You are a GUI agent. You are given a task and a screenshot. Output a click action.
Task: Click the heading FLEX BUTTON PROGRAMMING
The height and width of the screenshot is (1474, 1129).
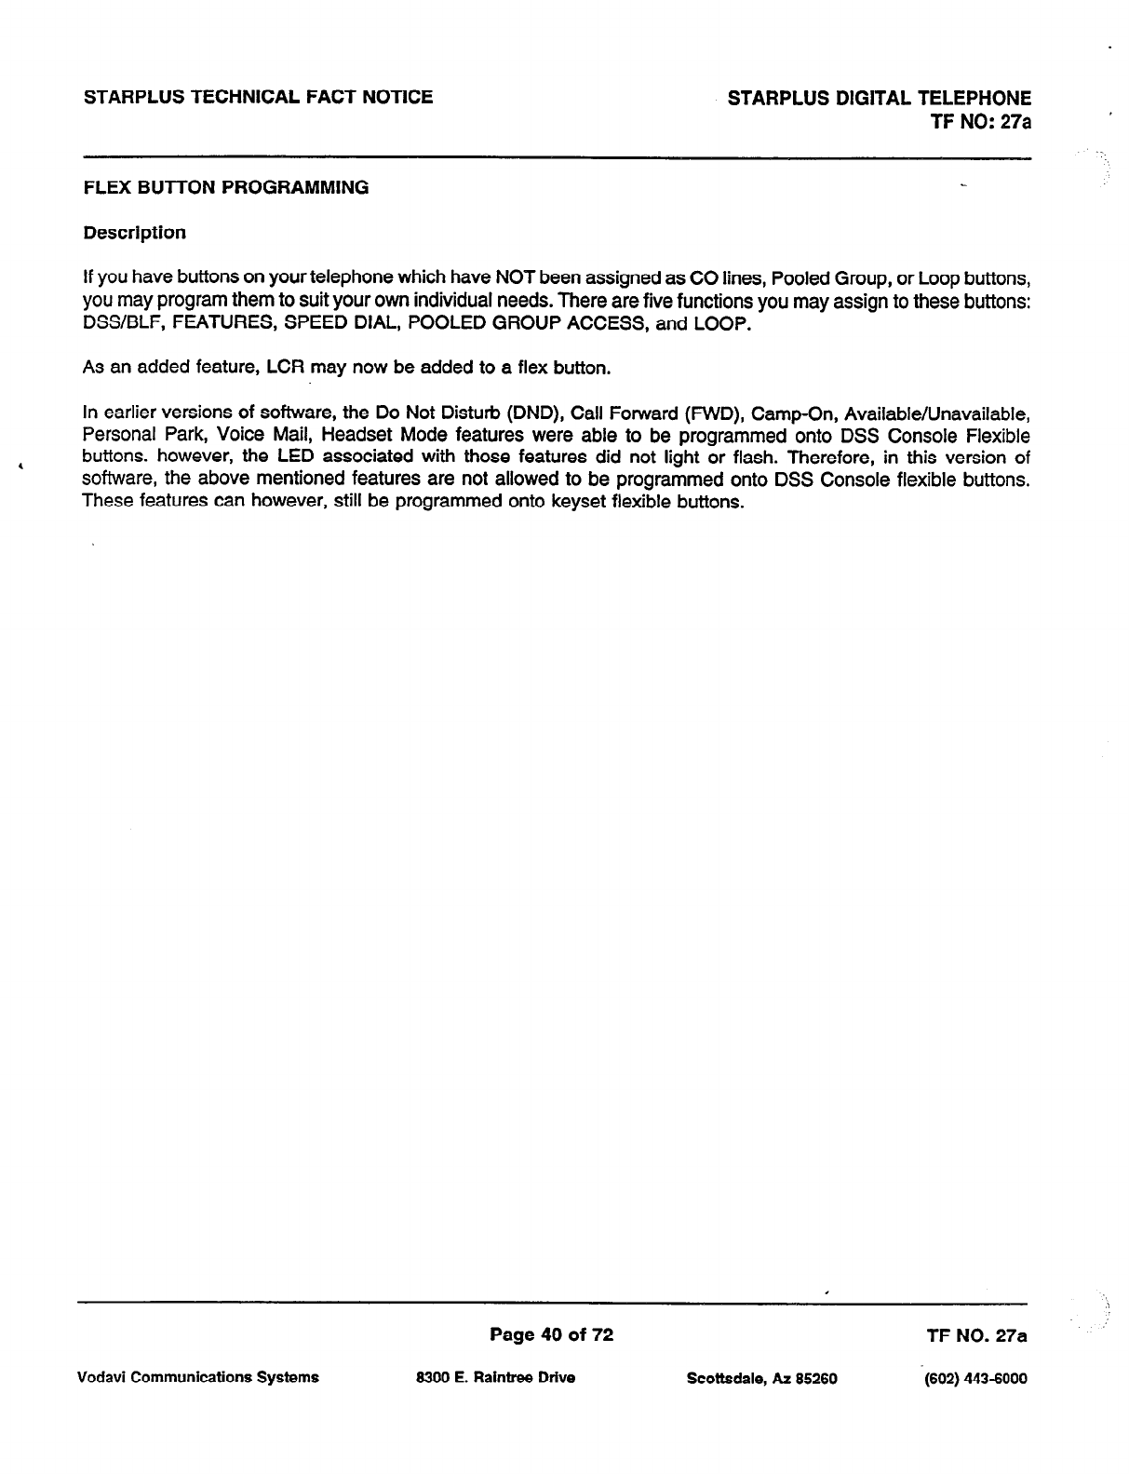click(x=226, y=187)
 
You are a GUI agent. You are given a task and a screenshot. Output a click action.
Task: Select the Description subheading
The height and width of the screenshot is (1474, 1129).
click(x=134, y=232)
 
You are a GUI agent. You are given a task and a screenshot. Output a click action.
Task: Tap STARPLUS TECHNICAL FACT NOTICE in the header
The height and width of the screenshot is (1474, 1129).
click(x=258, y=97)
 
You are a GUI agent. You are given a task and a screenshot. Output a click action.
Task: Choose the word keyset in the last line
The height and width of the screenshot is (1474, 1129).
click(x=573, y=502)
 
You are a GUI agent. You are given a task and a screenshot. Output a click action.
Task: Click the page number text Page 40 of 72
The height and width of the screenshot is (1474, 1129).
click(x=552, y=1335)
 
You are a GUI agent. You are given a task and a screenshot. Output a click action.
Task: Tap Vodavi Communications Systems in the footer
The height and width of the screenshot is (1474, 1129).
click(x=201, y=1377)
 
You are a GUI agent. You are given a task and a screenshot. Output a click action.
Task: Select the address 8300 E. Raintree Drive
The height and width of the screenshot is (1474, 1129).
click(x=496, y=1377)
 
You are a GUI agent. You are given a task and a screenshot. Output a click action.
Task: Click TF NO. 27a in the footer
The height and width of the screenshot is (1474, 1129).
click(x=976, y=1336)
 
